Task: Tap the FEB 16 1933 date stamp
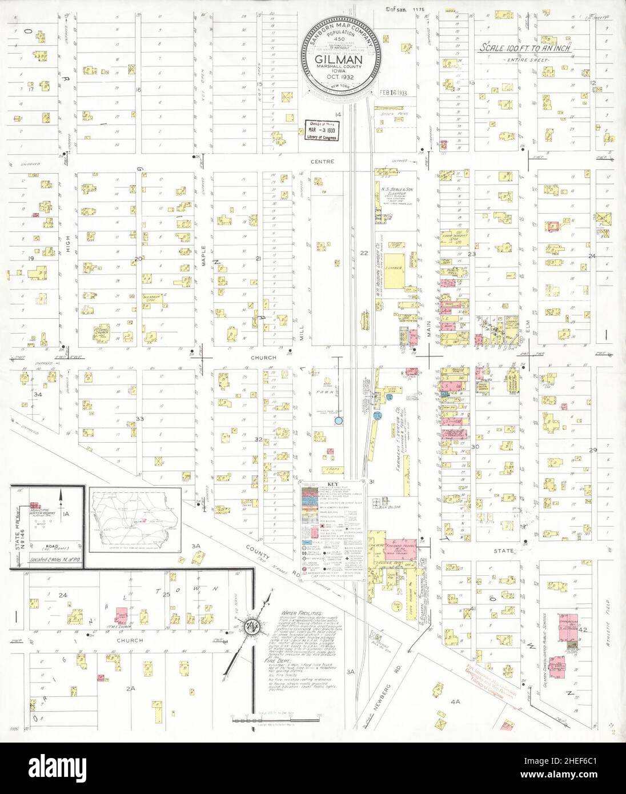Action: coord(392,93)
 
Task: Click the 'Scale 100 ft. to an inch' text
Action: coord(525,49)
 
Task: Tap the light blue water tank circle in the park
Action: coord(339,421)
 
